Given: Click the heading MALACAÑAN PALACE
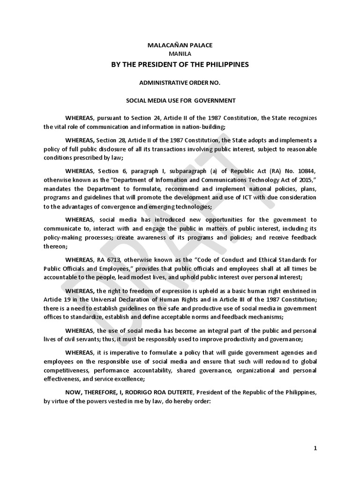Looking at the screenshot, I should pyautogui.click(x=180, y=45).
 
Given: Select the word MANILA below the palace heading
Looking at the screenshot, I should pyautogui.click(x=180, y=54).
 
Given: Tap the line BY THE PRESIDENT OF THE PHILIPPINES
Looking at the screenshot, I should pyautogui.click(x=180, y=64).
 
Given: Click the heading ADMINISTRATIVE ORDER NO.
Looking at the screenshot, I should pyautogui.click(x=180, y=82).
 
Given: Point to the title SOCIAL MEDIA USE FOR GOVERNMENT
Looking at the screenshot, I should pyautogui.click(x=180, y=100).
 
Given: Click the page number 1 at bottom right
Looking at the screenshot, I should pyautogui.click(x=315, y=448).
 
